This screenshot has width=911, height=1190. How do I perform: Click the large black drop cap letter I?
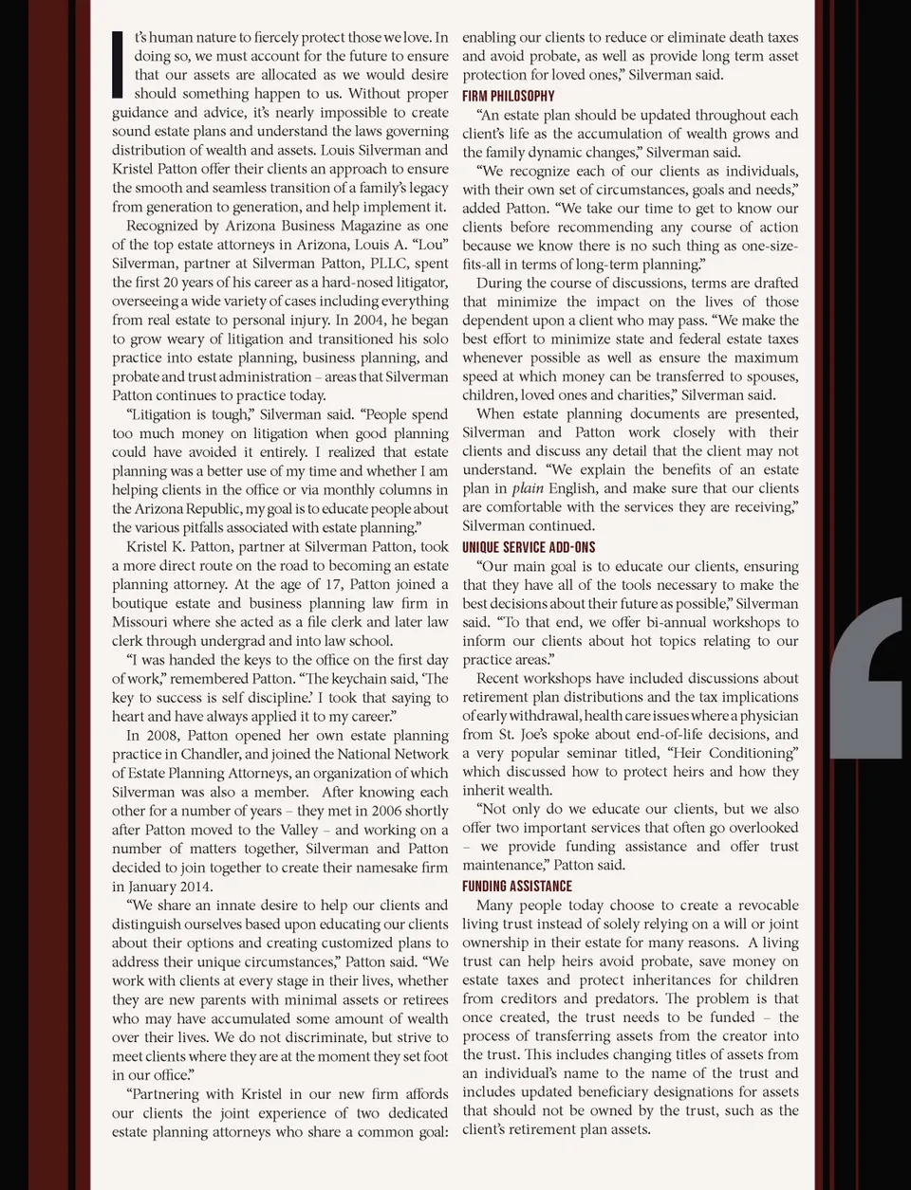click(x=118, y=64)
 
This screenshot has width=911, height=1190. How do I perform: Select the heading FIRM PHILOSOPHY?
click(x=508, y=96)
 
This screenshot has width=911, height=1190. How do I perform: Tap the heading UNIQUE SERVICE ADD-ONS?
click(x=529, y=547)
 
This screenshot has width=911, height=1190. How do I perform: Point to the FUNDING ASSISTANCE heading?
click(x=517, y=886)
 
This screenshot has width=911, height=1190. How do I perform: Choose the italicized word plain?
click(x=528, y=488)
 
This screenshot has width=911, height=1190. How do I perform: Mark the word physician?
click(x=767, y=715)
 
